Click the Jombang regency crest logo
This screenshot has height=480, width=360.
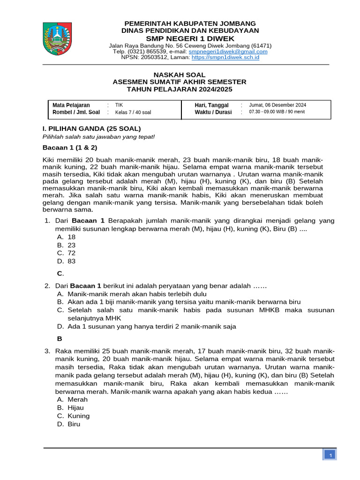click(58, 39)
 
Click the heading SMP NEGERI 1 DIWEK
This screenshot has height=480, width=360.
click(190, 38)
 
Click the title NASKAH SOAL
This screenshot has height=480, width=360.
click(180, 75)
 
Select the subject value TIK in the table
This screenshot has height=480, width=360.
click(119, 105)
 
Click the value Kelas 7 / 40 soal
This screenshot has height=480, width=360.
click(133, 112)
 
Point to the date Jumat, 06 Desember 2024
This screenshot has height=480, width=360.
click(277, 105)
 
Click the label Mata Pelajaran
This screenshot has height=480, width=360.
click(71, 105)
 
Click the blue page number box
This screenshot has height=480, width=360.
click(330, 456)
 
